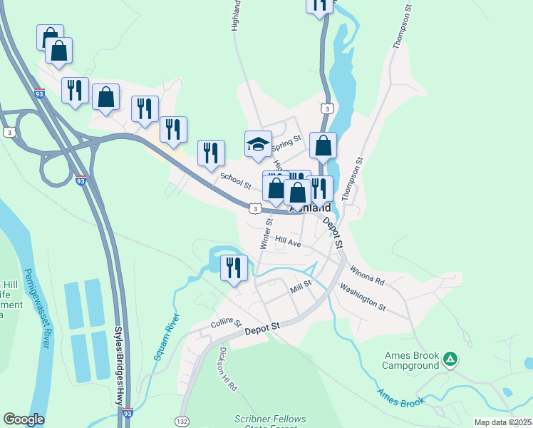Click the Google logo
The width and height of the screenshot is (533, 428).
point(24,419)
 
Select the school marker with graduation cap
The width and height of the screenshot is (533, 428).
point(258,145)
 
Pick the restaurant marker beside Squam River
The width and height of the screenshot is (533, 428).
point(234,268)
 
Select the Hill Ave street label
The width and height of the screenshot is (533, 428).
point(287,243)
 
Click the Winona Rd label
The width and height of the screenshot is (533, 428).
point(366,275)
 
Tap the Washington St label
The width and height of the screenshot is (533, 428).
point(362,298)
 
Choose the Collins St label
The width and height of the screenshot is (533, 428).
point(227,323)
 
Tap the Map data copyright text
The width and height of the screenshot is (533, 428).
point(503,422)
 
